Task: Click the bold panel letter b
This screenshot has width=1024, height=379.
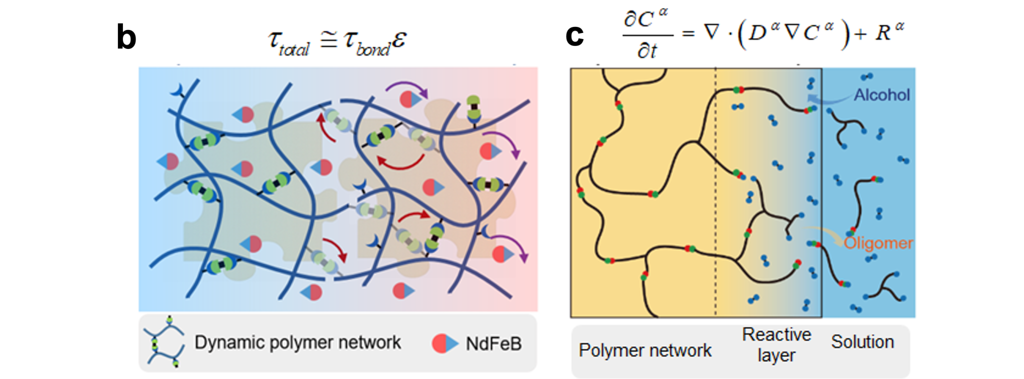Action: pyautogui.click(x=126, y=37)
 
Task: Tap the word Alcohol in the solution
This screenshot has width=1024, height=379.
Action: pyautogui.click(x=881, y=94)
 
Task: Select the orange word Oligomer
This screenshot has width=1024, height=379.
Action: pyautogui.click(x=878, y=243)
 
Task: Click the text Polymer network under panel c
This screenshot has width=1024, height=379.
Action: pyautogui.click(x=644, y=350)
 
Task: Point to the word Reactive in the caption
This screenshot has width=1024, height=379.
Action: pyautogui.click(x=776, y=334)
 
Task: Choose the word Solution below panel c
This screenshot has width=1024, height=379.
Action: pyautogui.click(x=862, y=341)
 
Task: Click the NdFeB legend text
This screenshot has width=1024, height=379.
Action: pyautogui.click(x=493, y=343)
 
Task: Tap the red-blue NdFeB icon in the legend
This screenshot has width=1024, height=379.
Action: pyautogui.click(x=444, y=343)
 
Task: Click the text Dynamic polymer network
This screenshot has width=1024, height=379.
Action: pyautogui.click(x=297, y=342)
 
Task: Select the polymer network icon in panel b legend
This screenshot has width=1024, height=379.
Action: pyautogui.click(x=164, y=342)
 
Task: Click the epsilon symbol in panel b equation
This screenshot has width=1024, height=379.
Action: pyautogui.click(x=399, y=39)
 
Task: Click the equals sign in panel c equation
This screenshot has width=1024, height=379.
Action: pyautogui.click(x=688, y=33)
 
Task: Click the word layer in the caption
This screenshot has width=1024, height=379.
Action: pyautogui.click(x=776, y=355)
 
